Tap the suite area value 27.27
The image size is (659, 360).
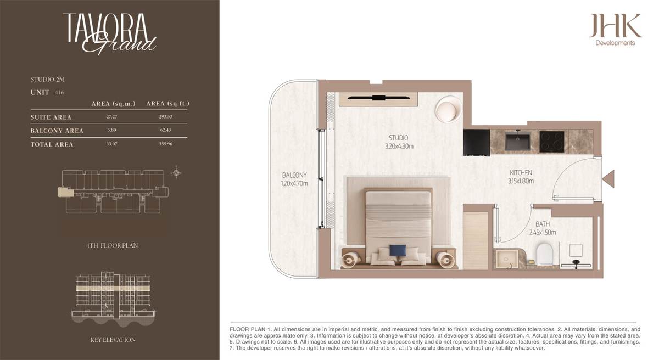coord(112,117)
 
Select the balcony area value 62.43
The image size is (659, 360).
coord(165,130)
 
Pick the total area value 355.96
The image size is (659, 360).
coord(166,144)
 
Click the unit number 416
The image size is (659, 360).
coord(59,93)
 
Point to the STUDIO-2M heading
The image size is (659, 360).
coord(48,80)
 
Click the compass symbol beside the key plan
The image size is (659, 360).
coord(176,172)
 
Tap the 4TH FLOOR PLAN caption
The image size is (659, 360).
coord(112,246)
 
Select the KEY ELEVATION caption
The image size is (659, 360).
coord(113,340)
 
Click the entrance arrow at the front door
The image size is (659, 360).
coord(608,179)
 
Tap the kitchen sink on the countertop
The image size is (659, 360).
coord(518,141)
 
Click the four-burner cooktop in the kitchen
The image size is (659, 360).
coord(552,142)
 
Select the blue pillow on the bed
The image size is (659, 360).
coord(398,250)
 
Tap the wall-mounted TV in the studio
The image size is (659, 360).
coord(378,98)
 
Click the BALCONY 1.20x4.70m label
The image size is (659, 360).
coord(294,179)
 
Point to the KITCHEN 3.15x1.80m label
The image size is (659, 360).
coord(521,177)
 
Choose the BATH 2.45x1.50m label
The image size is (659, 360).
coord(543,228)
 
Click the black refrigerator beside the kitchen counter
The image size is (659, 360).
coord(477,143)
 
